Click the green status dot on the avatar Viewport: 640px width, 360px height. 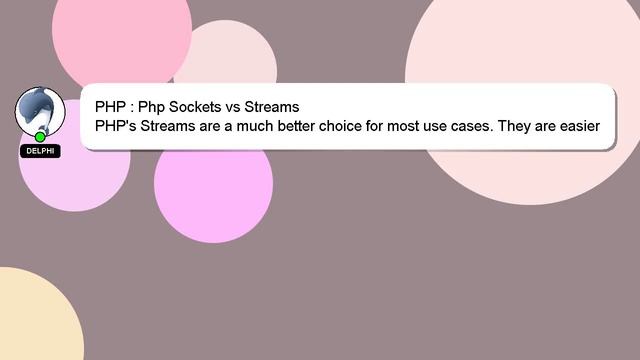tap(40, 136)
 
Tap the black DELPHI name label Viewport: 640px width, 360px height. tap(40, 151)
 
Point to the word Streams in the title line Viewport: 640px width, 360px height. tap(272, 107)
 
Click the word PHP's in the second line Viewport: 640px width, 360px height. tap(117, 127)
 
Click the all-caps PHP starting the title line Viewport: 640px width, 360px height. tap(111, 107)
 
